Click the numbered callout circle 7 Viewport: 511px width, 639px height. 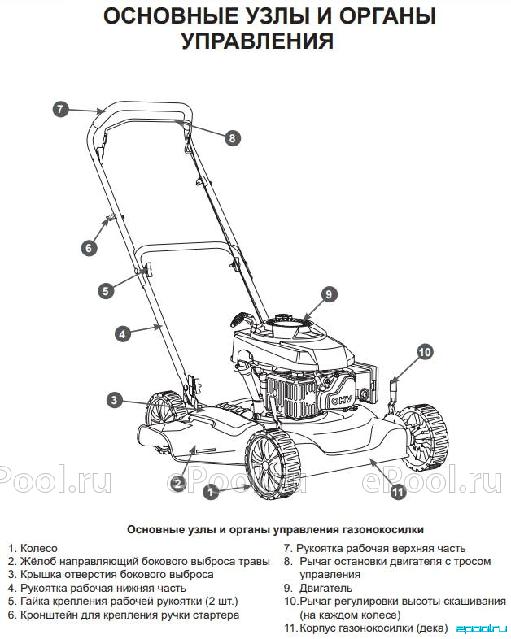click(x=60, y=109)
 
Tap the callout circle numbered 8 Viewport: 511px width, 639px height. click(x=233, y=138)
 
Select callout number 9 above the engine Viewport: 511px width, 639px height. click(x=329, y=294)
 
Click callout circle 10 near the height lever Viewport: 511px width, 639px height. click(x=425, y=352)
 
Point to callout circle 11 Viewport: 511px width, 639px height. click(x=398, y=492)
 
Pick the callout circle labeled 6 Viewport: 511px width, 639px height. click(x=89, y=248)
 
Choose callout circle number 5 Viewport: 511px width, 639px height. click(x=106, y=291)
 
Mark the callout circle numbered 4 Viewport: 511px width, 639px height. click(x=123, y=334)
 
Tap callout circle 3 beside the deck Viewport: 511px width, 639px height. click(x=114, y=400)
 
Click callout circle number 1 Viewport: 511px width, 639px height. click(x=211, y=493)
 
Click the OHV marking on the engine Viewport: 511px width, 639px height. click(x=341, y=401)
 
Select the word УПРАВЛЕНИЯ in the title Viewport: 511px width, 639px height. click(x=257, y=41)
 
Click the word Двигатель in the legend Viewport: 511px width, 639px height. click(x=325, y=588)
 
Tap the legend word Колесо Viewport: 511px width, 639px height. click(x=39, y=548)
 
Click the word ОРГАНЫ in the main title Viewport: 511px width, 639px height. click(x=387, y=16)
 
